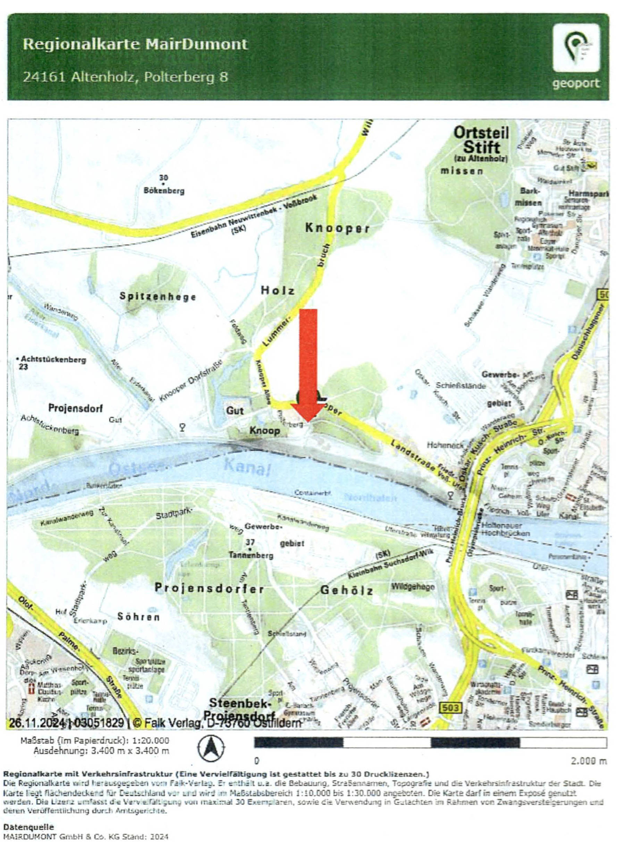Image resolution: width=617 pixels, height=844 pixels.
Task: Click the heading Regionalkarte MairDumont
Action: click(135, 44)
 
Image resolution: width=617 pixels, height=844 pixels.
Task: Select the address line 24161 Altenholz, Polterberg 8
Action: click(125, 77)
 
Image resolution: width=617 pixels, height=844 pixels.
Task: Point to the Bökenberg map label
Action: click(164, 191)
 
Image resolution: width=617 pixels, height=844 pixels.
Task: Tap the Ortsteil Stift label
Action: click(481, 140)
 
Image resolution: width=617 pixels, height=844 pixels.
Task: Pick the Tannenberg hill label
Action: click(251, 555)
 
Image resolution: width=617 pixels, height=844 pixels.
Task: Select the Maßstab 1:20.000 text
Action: click(95, 740)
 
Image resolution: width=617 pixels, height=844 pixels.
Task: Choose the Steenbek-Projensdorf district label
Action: click(240, 710)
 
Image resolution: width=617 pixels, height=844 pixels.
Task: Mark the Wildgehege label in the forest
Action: click(413, 586)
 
